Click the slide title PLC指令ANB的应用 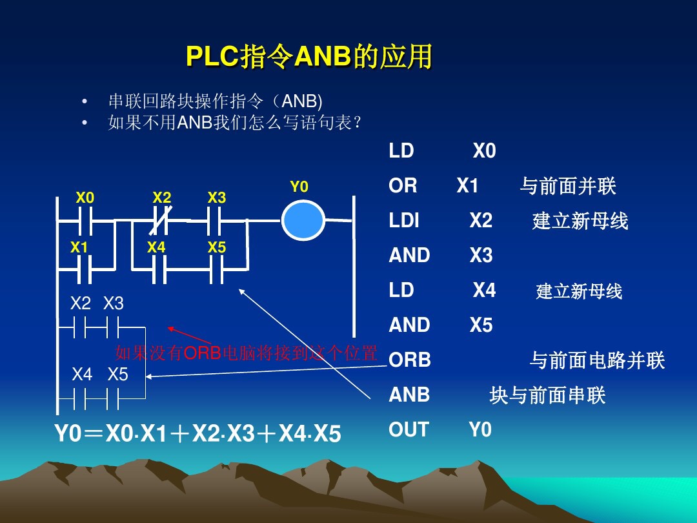308,57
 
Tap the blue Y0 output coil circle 303,221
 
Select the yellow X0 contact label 85,198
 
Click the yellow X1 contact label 79,247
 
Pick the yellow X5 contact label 217,247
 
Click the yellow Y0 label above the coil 299,187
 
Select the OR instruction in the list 403,186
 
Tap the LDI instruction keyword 404,221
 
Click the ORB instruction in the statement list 409,360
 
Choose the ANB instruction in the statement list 409,395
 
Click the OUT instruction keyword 409,429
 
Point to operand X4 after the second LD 484,291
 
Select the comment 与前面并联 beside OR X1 567,187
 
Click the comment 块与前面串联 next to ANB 547,395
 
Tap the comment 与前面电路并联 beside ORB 597,360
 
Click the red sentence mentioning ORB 245,353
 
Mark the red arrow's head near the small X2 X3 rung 170,328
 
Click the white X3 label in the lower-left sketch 114,303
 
